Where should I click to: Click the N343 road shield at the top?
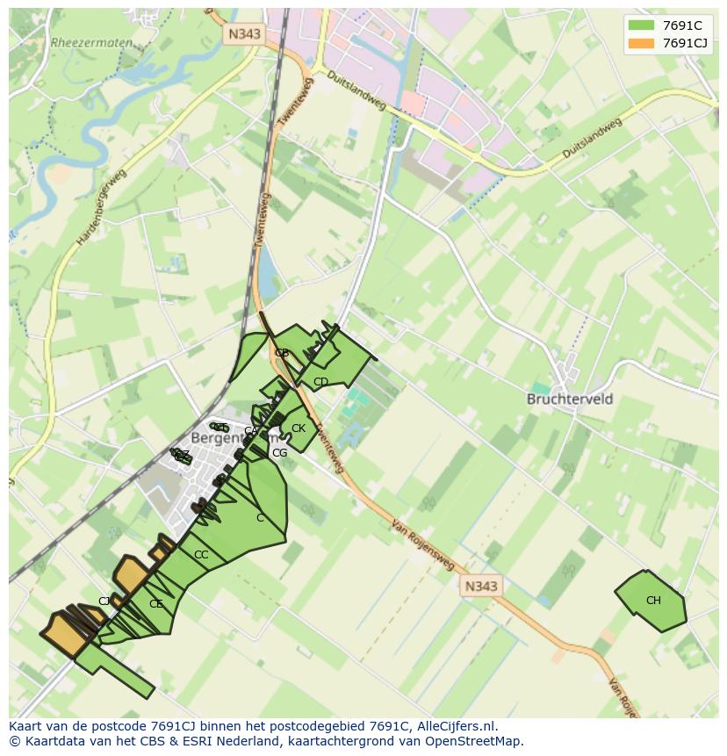point(244,34)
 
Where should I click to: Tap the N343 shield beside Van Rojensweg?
point(480,586)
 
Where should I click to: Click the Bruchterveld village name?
point(570,399)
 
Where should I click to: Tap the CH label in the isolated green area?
point(653,601)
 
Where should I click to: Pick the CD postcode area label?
point(320,382)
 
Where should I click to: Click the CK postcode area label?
point(299,428)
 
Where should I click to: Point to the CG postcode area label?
point(279,453)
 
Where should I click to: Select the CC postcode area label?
point(201,555)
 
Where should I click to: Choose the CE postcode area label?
point(156,604)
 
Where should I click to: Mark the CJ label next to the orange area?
point(104,601)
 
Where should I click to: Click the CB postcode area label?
point(282,353)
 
